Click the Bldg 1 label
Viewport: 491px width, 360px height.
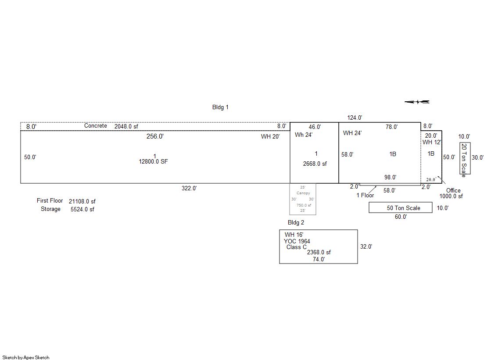click(x=220, y=107)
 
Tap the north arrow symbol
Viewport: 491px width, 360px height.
click(x=417, y=102)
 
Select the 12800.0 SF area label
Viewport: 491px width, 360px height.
click(x=153, y=161)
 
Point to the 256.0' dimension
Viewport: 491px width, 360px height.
click(x=155, y=136)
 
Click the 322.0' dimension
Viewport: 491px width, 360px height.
click(x=189, y=188)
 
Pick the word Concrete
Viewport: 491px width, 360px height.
click(x=95, y=126)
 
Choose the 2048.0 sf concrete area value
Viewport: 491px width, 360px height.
click(x=126, y=126)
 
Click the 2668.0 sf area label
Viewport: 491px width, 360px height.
click(x=315, y=164)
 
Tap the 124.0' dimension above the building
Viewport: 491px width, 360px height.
click(x=355, y=118)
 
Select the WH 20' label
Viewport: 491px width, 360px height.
click(x=270, y=137)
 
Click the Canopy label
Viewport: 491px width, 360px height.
click(x=303, y=193)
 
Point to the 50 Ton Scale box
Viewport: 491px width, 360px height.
click(x=400, y=208)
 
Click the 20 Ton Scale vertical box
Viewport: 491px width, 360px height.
click(x=465, y=158)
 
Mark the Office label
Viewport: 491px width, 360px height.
click(x=453, y=190)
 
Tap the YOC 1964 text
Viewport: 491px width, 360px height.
click(x=297, y=241)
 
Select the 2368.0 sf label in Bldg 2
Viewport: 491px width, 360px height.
click(x=319, y=252)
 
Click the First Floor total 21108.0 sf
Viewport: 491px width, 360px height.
click(x=82, y=201)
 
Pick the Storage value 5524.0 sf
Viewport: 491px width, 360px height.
click(x=82, y=209)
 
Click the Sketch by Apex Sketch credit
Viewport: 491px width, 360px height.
click(x=26, y=357)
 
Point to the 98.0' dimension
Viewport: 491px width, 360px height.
click(x=390, y=178)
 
